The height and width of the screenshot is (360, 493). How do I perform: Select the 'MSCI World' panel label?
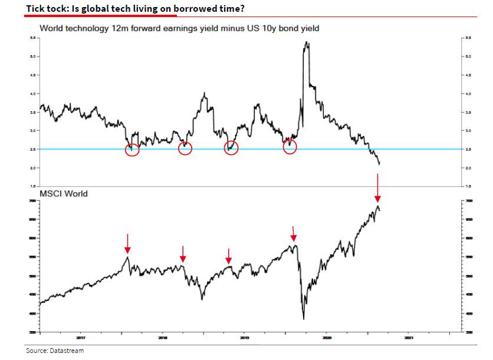pyautogui.click(x=64, y=193)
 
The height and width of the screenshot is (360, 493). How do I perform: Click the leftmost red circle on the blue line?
pyautogui.click(x=133, y=148)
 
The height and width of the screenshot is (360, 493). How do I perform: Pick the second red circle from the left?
pyautogui.click(x=185, y=148)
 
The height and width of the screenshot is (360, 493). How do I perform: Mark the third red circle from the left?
pyautogui.click(x=231, y=148)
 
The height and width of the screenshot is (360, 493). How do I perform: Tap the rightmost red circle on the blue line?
pyautogui.click(x=290, y=147)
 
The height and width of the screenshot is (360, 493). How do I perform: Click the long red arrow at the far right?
pyautogui.click(x=378, y=187)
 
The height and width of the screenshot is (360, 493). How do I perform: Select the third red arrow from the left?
pyautogui.click(x=229, y=256)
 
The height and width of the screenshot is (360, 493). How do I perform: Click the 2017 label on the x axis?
pyautogui.click(x=81, y=338)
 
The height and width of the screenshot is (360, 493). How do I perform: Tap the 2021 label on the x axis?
pyautogui.click(x=408, y=338)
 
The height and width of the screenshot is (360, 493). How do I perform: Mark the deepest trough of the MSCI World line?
pyautogui.click(x=303, y=319)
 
